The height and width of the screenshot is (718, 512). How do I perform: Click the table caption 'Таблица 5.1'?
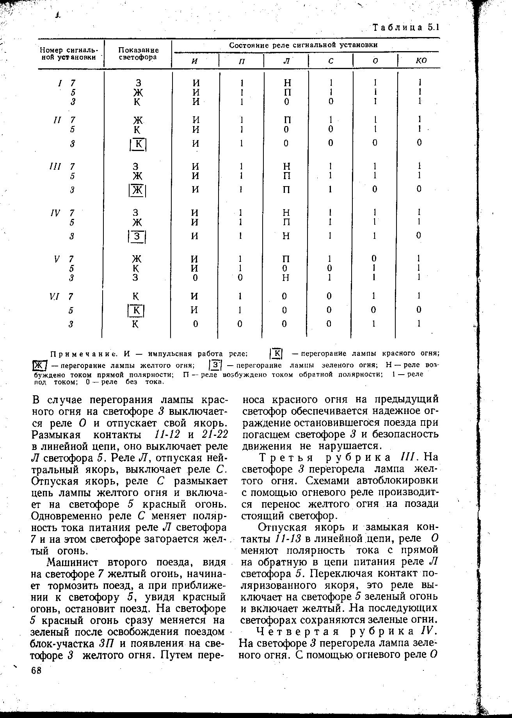pos(406,28)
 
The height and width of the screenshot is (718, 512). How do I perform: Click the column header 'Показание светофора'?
pos(139,53)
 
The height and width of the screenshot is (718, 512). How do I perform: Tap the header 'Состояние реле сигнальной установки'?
pos(303,45)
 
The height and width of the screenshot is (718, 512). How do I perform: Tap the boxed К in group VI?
pos(137,311)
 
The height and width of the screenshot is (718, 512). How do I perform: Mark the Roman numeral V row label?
pos(57,259)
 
